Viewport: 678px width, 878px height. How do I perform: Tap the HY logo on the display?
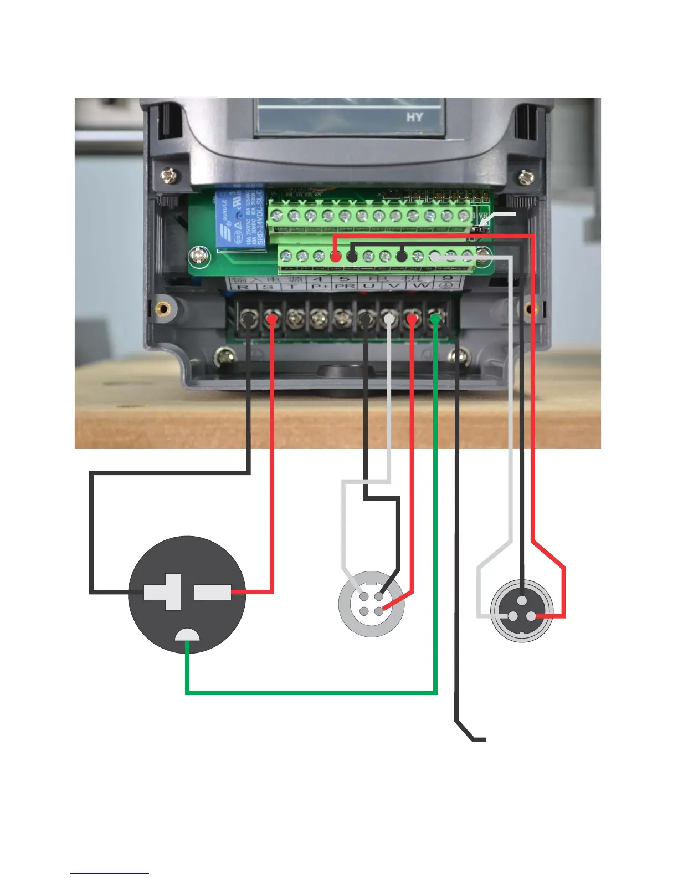click(x=415, y=118)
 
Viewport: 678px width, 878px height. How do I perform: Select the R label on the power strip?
click(x=242, y=287)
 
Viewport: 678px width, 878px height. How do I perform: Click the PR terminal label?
click(x=345, y=287)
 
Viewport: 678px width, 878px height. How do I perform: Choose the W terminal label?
click(x=420, y=287)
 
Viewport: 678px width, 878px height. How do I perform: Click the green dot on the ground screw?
click(x=436, y=319)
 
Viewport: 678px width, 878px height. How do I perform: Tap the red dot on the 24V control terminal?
click(x=335, y=257)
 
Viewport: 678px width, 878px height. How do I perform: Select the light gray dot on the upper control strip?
click(x=435, y=257)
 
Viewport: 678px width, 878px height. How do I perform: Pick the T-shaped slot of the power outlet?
click(x=163, y=592)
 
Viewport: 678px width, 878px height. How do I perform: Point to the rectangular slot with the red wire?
click(x=213, y=592)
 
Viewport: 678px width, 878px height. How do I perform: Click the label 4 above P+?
click(x=317, y=279)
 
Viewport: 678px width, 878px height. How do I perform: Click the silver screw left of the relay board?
click(x=198, y=256)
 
